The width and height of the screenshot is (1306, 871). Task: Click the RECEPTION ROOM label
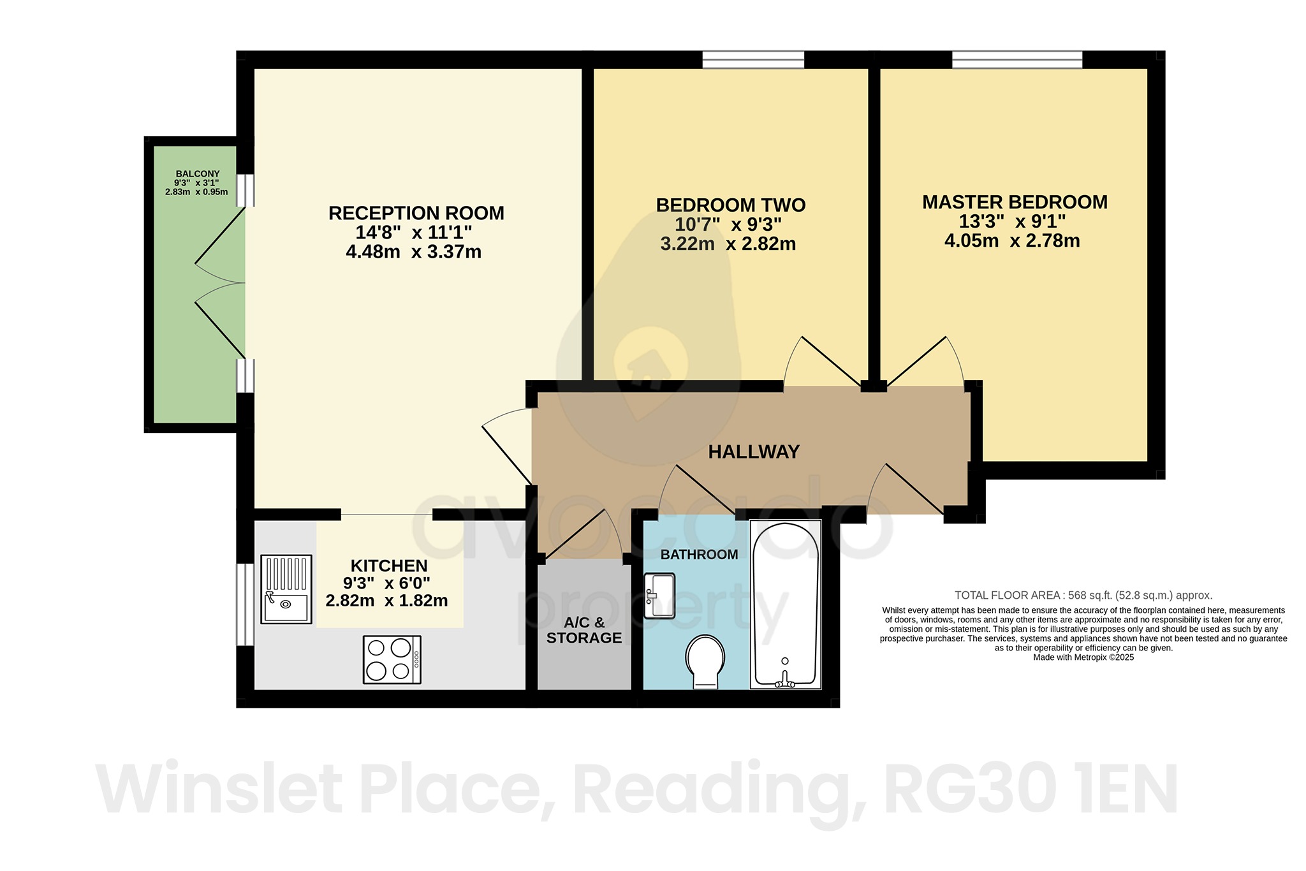coord(416,213)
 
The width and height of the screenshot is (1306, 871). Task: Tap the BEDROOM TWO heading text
coord(731,205)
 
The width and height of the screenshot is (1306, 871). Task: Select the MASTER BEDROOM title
coord(1015,202)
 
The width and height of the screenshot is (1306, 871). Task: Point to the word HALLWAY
coord(754,452)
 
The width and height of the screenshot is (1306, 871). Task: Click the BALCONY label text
coord(198,173)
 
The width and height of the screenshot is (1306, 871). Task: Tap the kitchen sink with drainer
coord(286,589)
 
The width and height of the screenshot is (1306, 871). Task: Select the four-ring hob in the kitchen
coord(392,659)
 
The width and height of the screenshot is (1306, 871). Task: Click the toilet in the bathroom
coord(705,660)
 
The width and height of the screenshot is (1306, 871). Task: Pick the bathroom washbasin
coord(659,596)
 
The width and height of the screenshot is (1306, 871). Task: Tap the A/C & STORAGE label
coord(584,630)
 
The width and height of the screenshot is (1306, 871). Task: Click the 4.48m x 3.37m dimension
coord(413,252)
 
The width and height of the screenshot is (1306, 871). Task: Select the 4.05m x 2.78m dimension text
coord(1012,241)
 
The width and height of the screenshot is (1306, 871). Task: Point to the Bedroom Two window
coord(753,60)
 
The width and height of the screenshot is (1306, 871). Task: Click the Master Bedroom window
coord(1017,60)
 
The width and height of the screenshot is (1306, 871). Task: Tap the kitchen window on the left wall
coord(242,604)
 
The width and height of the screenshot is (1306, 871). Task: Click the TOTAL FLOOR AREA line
coord(1083,596)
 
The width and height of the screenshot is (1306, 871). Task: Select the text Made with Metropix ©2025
coord(1083,657)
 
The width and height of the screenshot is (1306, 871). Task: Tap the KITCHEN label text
coord(389,566)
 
